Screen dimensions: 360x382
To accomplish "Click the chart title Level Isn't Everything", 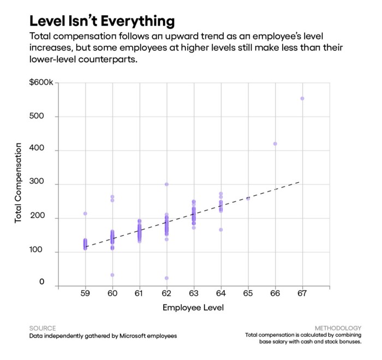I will (102, 21).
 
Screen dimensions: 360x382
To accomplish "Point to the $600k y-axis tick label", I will (42, 82).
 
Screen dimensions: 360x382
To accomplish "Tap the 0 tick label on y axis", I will (41, 283).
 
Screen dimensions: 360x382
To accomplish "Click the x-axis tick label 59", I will (85, 294).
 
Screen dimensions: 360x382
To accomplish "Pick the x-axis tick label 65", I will (248, 294).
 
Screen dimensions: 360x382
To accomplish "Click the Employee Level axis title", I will (193, 308).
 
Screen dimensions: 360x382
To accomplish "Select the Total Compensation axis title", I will (19, 182).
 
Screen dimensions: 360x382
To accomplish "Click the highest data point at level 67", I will (302, 99).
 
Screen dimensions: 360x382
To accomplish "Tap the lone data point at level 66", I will (275, 144).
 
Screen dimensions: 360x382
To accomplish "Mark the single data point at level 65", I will (248, 199).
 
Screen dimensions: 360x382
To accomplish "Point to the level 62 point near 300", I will (166, 184).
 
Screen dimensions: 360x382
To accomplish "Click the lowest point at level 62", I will (166, 278).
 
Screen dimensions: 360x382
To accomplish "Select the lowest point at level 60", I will (112, 275).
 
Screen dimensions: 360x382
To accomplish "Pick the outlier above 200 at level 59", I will (85, 213).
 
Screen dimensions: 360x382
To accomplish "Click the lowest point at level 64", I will (220, 230).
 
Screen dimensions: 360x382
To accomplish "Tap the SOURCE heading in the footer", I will (43, 328).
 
